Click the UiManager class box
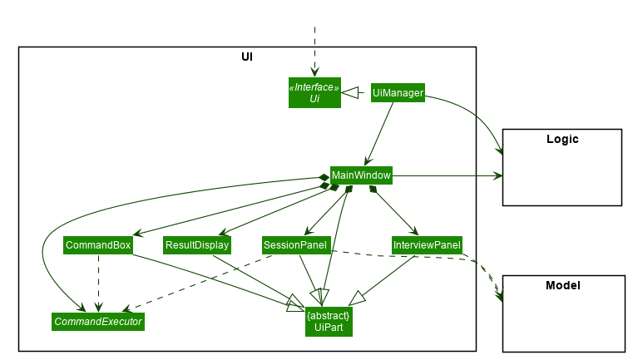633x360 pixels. click(398, 93)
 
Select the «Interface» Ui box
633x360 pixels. click(314, 93)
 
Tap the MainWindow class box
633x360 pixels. click(361, 175)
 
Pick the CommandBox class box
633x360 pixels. click(98, 245)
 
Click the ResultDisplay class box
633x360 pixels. click(197, 245)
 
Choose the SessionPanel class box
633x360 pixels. click(296, 245)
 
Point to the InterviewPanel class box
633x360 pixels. click(427, 245)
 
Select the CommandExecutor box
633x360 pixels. click(98, 322)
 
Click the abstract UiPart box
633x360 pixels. click(329, 322)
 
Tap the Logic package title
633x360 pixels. click(562, 139)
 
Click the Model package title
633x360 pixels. click(563, 286)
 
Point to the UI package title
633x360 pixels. click(247, 57)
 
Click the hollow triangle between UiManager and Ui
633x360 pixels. click(349, 93)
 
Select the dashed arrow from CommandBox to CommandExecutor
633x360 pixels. click(98, 284)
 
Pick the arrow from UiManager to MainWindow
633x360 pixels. click(378, 134)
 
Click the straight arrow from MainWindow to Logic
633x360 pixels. click(448, 175)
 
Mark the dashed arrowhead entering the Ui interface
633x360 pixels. click(314, 72)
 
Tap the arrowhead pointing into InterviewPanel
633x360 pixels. click(413, 231)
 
